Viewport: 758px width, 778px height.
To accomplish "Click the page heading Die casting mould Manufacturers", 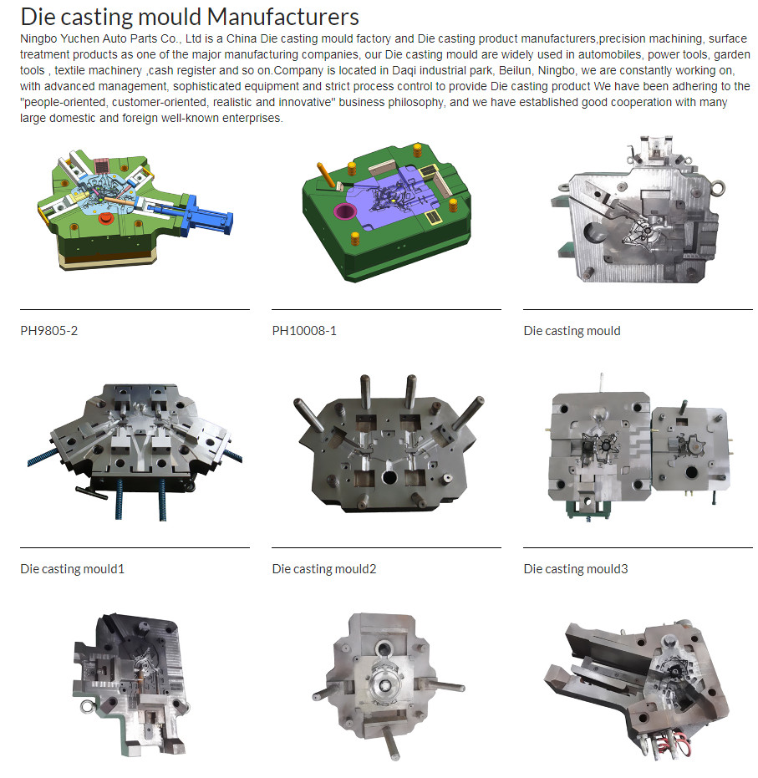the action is pos(190,17).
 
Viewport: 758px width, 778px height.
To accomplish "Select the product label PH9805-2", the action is pos(49,331).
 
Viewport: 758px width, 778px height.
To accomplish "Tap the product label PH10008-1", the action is pos(304,331).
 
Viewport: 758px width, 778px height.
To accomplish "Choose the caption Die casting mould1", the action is pos(73,568).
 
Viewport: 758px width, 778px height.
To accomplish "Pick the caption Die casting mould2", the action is pos(324,568).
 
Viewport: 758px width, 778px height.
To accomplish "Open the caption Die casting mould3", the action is pos(576,568).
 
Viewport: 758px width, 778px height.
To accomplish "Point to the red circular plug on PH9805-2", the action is pos(105,218).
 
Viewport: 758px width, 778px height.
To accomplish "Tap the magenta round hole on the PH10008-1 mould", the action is pos(345,211).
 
